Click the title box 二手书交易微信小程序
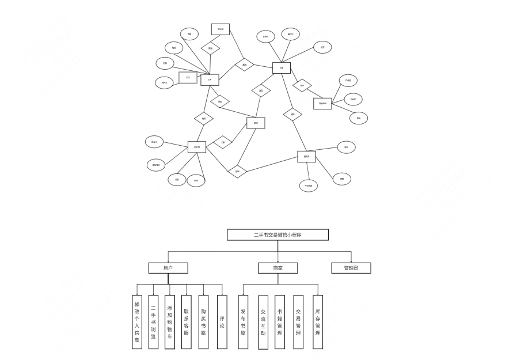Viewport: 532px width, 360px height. pyautogui.click(x=278, y=234)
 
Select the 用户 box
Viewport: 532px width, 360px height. pyautogui.click(x=168, y=268)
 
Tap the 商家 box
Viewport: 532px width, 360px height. pyautogui.click(x=278, y=268)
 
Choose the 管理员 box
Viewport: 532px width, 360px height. pyautogui.click(x=351, y=268)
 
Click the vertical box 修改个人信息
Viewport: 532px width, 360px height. pyautogui.click(x=137, y=322)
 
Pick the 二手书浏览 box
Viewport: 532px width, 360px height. pyautogui.click(x=153, y=322)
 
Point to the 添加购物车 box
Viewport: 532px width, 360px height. pyautogui.click(x=170, y=322)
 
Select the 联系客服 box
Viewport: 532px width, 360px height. pyautogui.click(x=186, y=322)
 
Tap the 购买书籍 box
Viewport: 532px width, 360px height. pyautogui.click(x=203, y=322)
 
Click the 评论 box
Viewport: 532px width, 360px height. pyautogui.click(x=222, y=322)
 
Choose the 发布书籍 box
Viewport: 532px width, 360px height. pyautogui.click(x=243, y=322)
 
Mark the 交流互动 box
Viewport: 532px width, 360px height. pyautogui.click(x=263, y=322)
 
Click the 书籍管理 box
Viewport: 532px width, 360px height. pyautogui.click(x=280, y=322)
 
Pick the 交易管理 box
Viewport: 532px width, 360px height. pyautogui.click(x=298, y=322)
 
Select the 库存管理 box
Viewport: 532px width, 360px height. pyautogui.click(x=318, y=322)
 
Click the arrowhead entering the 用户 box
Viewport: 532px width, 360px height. pyautogui.click(x=168, y=261)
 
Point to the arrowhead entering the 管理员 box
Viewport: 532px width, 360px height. pyautogui.click(x=351, y=261)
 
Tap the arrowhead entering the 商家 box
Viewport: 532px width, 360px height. pyautogui.click(x=278, y=261)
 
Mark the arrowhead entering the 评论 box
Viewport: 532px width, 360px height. pyautogui.click(x=222, y=294)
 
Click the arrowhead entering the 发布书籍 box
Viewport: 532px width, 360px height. pyautogui.click(x=243, y=294)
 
